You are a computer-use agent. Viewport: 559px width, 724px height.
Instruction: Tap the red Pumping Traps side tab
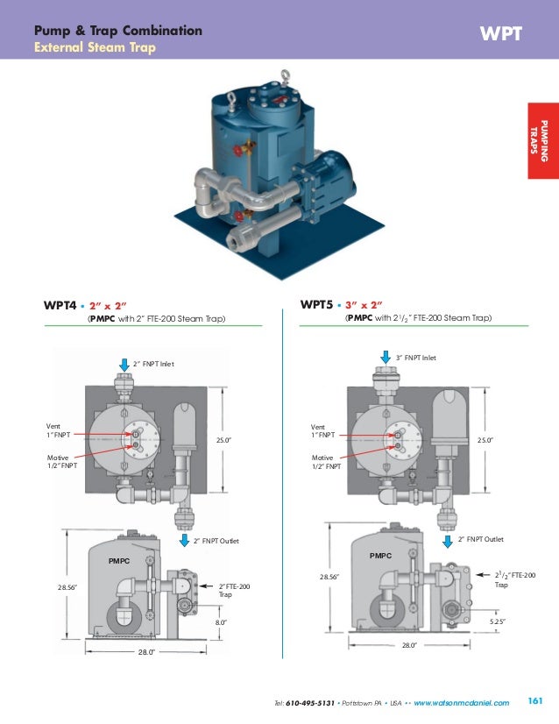click(x=542, y=140)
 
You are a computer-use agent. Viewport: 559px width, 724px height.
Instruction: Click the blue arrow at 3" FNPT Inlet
click(x=386, y=356)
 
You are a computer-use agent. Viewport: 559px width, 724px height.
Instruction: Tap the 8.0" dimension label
click(x=222, y=621)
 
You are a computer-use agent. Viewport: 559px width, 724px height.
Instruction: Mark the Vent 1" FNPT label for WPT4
click(x=59, y=430)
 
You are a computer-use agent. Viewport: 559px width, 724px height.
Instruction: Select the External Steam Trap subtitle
click(x=94, y=46)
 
